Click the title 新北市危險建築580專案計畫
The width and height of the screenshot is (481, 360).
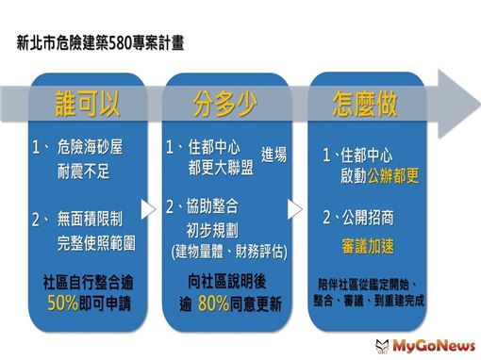[x=100, y=42]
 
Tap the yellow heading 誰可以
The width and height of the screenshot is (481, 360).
[x=88, y=104]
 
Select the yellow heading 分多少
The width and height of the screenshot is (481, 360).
[x=225, y=104]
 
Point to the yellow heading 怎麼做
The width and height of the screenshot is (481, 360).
[x=365, y=104]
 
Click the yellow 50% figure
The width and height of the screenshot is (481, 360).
[x=62, y=303]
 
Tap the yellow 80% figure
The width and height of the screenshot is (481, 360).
[x=214, y=303]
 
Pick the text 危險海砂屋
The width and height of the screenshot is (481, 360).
[x=90, y=146]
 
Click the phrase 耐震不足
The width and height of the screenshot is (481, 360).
[x=83, y=172]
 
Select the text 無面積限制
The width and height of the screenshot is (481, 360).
[x=90, y=219]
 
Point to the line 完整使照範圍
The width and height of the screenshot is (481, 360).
[x=96, y=243]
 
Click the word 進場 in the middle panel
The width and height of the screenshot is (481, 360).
[x=274, y=155]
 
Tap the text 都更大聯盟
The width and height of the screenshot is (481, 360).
[x=221, y=168]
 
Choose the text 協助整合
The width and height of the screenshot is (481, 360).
[x=212, y=206]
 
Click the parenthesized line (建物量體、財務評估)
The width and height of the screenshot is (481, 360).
[x=229, y=252]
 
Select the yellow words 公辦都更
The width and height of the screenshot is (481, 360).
[x=393, y=175]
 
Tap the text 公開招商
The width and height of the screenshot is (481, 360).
[x=368, y=218]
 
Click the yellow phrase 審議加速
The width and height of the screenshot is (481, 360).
[x=368, y=246]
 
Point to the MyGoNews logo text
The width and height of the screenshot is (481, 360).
[x=434, y=346]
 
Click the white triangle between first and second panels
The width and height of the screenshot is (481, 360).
[x=148, y=209]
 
